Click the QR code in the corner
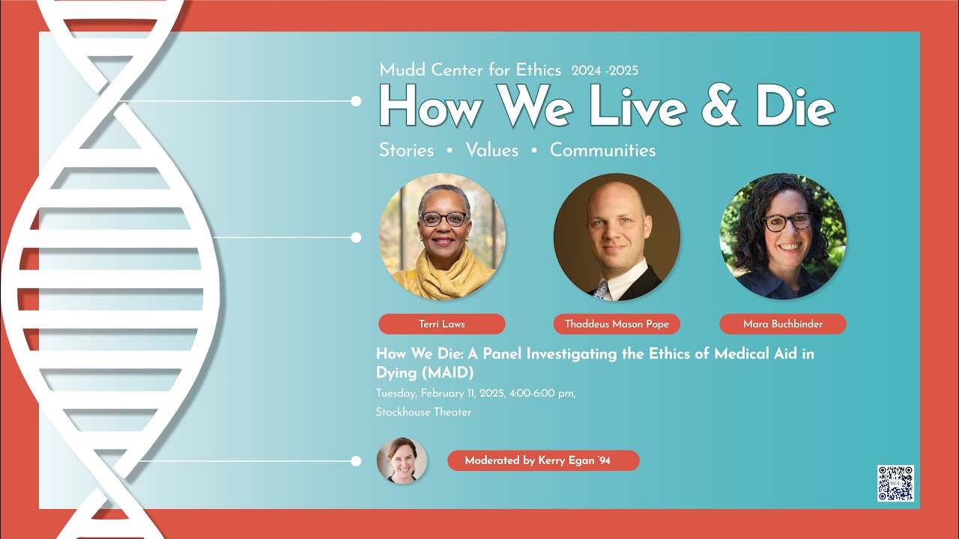pyautogui.click(x=895, y=484)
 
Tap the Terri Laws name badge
pyautogui.click(x=442, y=324)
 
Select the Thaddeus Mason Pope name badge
pyautogui.click(x=617, y=324)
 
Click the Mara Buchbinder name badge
pyautogui.click(x=783, y=324)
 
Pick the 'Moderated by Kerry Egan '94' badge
pyautogui.click(x=543, y=460)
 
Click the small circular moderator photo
pyautogui.click(x=402, y=460)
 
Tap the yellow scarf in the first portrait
pyautogui.click(x=443, y=274)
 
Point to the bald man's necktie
pyautogui.click(x=601, y=290)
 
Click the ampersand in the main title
pyautogui.click(x=721, y=106)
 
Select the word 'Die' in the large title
pyautogui.click(x=796, y=106)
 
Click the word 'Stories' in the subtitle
pyautogui.click(x=406, y=150)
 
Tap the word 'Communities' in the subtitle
pyautogui.click(x=602, y=150)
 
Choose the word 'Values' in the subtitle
pyautogui.click(x=492, y=150)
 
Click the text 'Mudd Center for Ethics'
pyautogui.click(x=470, y=70)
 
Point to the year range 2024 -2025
pyautogui.click(x=605, y=70)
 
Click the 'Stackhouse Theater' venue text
pyautogui.click(x=423, y=412)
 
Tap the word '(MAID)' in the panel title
pyautogui.click(x=448, y=373)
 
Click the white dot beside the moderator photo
pyautogui.click(x=356, y=461)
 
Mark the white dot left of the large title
pyautogui.click(x=356, y=101)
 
